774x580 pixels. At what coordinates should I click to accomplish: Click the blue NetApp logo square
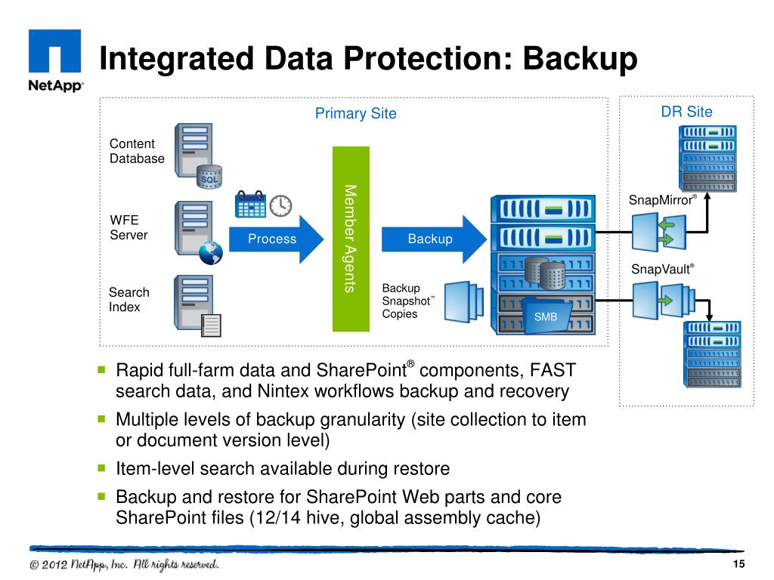point(54,51)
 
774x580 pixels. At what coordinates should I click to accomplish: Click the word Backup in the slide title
point(580,59)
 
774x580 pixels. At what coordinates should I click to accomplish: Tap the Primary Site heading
point(355,113)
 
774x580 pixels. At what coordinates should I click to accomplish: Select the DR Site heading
point(686,112)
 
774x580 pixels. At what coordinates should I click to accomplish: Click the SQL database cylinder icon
point(209,177)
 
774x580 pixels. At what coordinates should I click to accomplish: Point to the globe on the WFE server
point(211,252)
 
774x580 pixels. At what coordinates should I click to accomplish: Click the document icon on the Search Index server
point(211,325)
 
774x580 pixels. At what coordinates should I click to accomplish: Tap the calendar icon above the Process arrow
point(250,204)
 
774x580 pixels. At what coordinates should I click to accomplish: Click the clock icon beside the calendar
point(280,205)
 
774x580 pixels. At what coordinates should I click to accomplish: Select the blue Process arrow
point(276,239)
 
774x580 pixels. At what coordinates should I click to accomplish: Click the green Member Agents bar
point(351,239)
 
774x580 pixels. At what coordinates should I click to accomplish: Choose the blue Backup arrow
point(434,239)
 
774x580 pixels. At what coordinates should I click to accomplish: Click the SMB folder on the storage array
point(546,315)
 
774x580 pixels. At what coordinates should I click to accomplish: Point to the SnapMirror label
point(662,199)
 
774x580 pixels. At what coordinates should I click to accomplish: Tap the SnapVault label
point(662,269)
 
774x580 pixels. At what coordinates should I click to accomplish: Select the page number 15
point(738,563)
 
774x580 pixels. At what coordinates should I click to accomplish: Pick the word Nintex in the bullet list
point(284,391)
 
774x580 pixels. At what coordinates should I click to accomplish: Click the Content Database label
point(137,151)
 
